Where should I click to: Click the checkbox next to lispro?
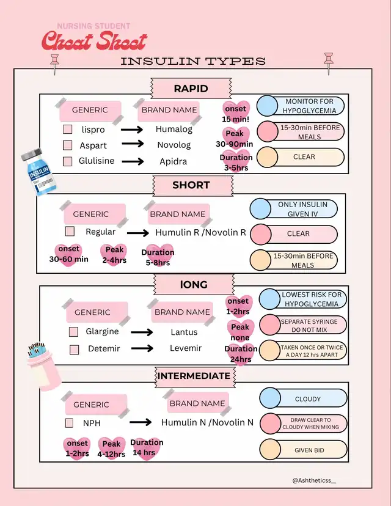pos(68,130)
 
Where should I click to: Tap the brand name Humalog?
pos(174,130)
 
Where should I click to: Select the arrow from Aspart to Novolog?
pos(132,145)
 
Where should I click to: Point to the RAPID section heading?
pos(191,89)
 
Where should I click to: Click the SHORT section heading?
pos(191,185)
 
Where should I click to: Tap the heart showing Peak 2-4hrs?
pos(114,255)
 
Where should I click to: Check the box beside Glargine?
pos(73,332)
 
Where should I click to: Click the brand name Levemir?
pos(184,348)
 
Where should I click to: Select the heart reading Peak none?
pos(240,332)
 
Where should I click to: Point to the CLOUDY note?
pos(307,399)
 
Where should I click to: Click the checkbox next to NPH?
pos(69,423)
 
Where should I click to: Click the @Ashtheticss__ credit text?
pos(314,480)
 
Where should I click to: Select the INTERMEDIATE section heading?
pos(194,376)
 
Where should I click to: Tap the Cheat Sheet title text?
pos(95,41)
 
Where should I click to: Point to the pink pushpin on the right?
pos(329,61)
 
